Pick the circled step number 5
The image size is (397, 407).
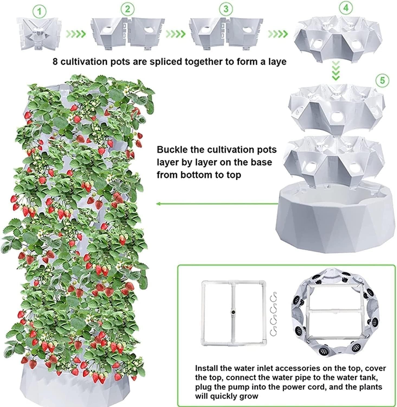click(382, 81)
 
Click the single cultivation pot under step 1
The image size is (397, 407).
click(39, 34)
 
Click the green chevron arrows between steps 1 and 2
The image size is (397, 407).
click(76, 34)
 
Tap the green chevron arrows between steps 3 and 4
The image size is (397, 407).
click(278, 34)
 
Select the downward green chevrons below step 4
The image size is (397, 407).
click(336, 71)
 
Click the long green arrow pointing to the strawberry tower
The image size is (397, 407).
click(217, 203)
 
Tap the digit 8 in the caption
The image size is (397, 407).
click(55, 62)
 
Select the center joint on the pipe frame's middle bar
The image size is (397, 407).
click(233, 313)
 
